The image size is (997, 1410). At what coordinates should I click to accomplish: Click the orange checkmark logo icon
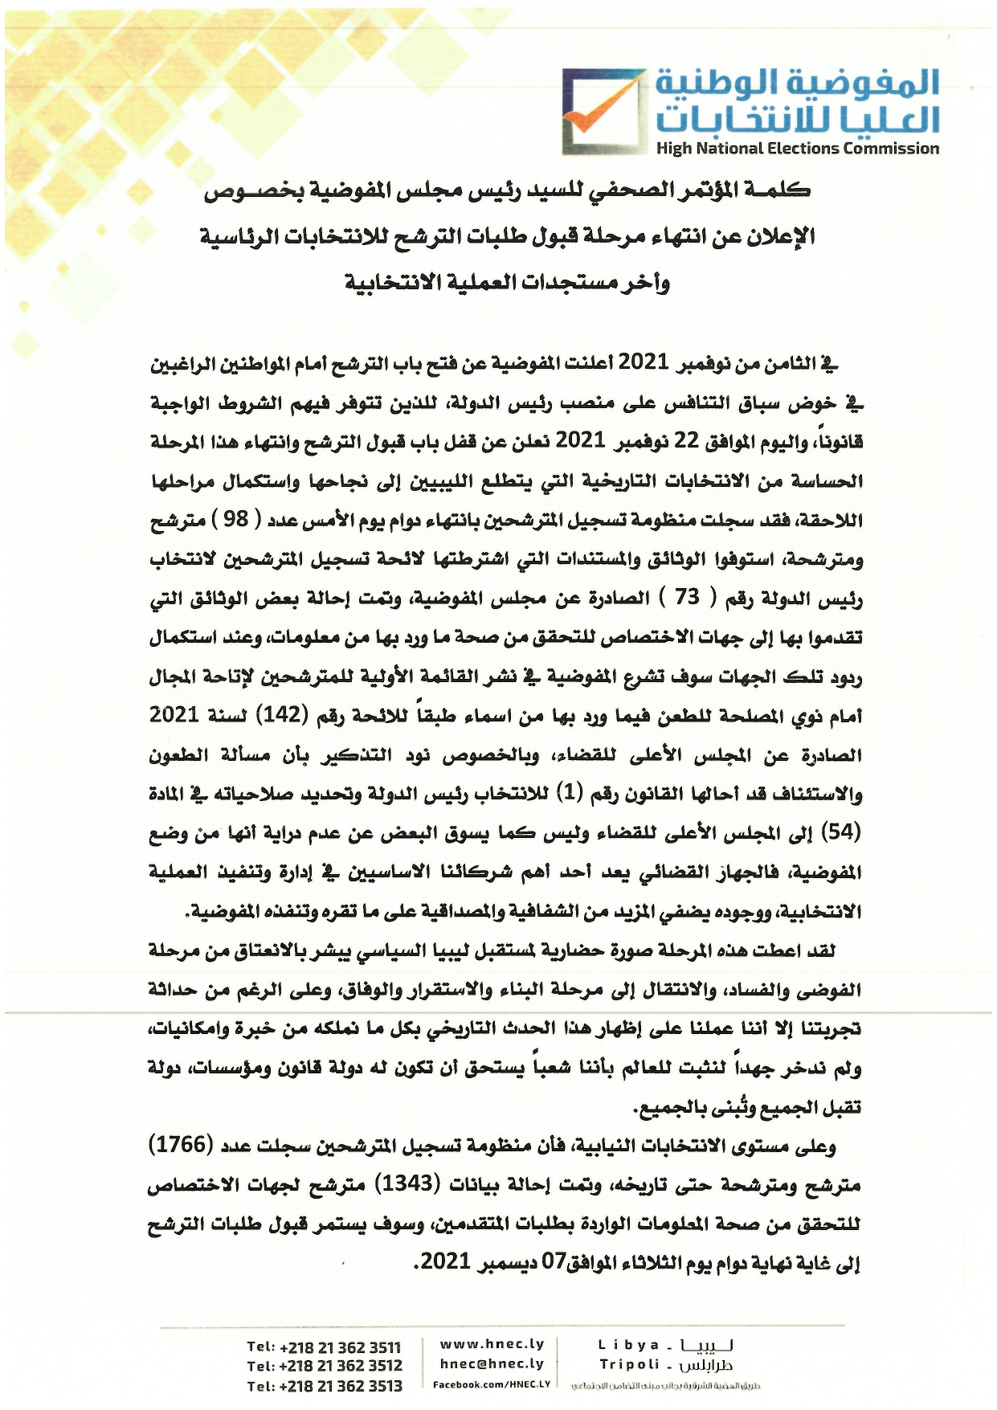tap(601, 111)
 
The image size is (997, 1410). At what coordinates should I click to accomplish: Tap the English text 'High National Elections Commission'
tap(797, 149)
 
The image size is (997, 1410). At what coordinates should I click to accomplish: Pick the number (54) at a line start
tap(845, 832)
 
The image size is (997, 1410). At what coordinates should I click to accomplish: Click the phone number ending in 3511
tap(324, 1347)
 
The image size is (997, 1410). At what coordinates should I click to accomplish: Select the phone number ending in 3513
tap(324, 1385)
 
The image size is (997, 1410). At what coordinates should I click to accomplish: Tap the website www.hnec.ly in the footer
tap(492, 1344)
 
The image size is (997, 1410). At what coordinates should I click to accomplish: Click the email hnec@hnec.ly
tap(492, 1363)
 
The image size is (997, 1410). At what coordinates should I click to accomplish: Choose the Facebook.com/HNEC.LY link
tap(491, 1384)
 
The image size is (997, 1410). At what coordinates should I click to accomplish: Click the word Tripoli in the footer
tap(630, 1364)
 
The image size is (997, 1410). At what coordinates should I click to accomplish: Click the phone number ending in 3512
tap(324, 1366)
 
